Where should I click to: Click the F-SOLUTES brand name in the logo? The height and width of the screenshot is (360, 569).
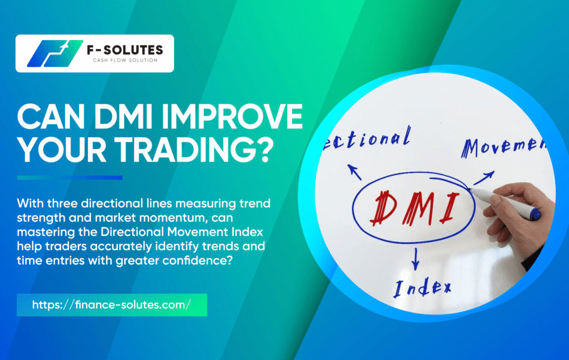tap(125, 49)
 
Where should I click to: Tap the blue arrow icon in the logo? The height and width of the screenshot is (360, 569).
tap(55, 53)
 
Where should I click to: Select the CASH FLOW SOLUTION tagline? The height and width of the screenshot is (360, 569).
tap(125, 60)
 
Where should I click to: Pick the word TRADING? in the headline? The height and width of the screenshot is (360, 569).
tap(194, 149)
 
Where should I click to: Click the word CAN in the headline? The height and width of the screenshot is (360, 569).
tap(51, 116)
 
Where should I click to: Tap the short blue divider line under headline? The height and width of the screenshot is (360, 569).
tap(69, 178)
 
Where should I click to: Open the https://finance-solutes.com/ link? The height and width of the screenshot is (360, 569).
tap(111, 304)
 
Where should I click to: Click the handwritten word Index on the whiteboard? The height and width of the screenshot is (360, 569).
tap(422, 288)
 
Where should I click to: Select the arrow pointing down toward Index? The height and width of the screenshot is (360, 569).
tap(416, 259)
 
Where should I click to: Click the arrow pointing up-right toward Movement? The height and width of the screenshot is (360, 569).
tap(483, 178)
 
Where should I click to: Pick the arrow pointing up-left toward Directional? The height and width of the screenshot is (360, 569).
tap(355, 172)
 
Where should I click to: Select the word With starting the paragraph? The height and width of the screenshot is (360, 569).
tap(31, 203)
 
